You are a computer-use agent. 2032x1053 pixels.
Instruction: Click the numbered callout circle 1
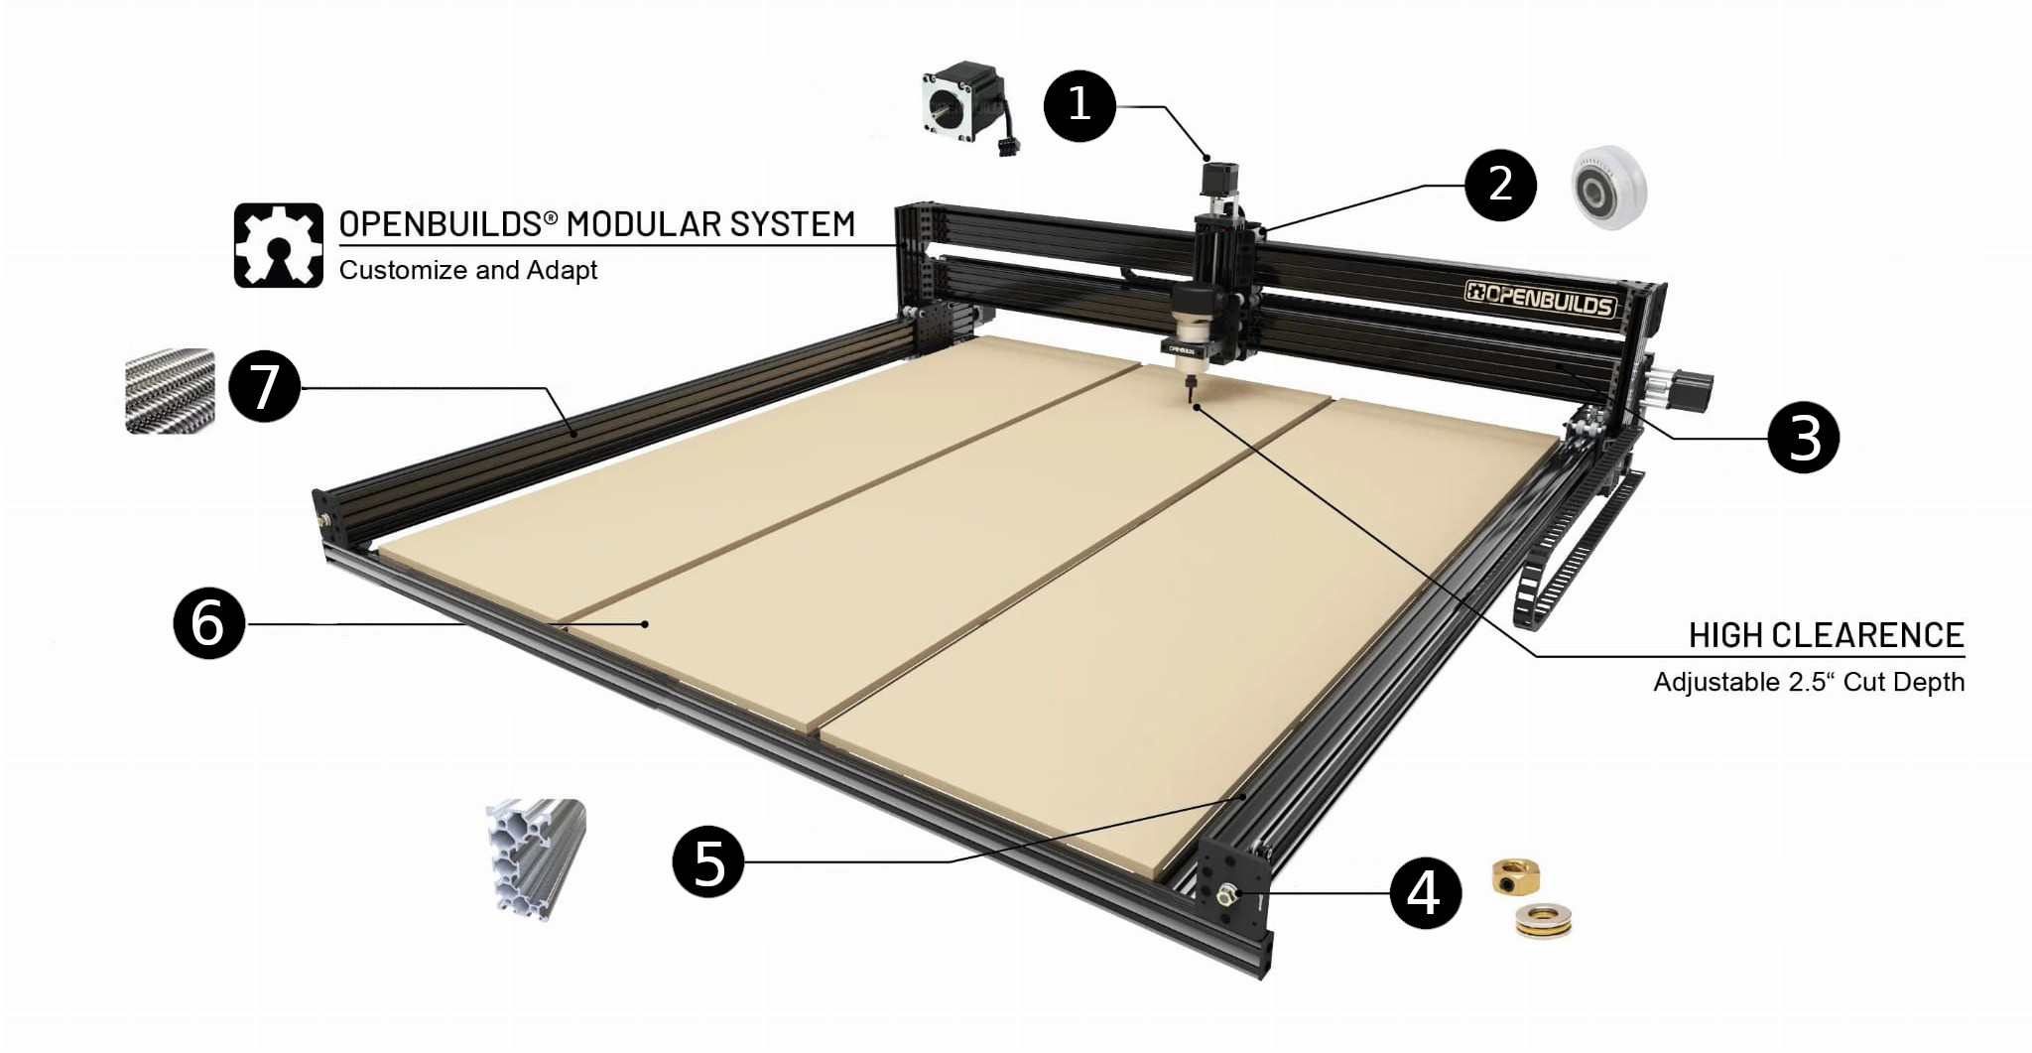pos(1079,105)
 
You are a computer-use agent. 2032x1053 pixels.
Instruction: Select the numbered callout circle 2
pos(1500,185)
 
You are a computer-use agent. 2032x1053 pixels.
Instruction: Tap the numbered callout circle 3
pos(1804,437)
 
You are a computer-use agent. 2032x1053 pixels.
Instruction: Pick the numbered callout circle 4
pos(1425,892)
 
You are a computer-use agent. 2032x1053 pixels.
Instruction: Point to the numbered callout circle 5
pos(708,861)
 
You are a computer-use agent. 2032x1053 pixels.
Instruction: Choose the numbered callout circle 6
pos(208,622)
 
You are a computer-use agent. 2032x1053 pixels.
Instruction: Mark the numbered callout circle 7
pos(264,386)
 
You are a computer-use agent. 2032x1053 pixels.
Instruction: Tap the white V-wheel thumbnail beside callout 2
pos(1608,187)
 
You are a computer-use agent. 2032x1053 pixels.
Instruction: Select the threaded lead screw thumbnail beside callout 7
pos(170,391)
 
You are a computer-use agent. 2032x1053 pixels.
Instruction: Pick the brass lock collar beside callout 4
pos(1514,877)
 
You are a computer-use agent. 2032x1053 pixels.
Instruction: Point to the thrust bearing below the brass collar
pos(1544,920)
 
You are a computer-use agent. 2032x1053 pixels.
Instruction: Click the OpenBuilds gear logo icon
pos(279,245)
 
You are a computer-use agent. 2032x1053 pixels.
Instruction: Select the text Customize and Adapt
pos(468,270)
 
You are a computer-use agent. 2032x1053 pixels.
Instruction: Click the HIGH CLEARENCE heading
pos(1827,635)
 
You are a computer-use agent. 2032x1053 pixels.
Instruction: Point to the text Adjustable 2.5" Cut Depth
pos(1809,682)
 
